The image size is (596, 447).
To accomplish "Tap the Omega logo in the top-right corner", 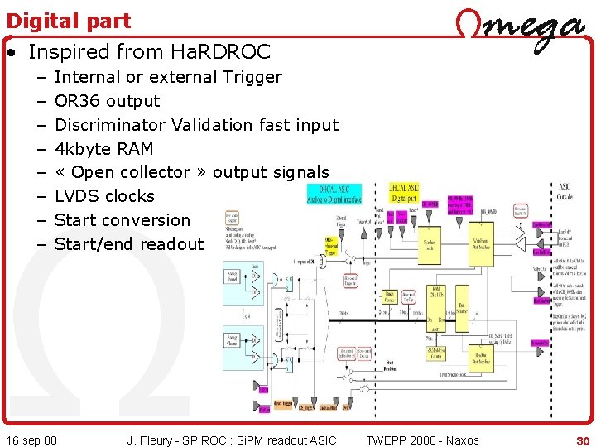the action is [x=520, y=31].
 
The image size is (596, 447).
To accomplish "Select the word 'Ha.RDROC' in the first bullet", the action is [x=219, y=52].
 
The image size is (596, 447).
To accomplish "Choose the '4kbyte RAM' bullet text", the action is [x=103, y=149].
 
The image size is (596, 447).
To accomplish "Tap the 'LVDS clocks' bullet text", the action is [x=104, y=196].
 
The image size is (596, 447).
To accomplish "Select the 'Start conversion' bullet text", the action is [x=122, y=220].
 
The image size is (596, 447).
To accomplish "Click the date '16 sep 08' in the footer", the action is [x=31, y=440].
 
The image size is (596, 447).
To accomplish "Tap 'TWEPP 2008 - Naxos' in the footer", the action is [x=422, y=440].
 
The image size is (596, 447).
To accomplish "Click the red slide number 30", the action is [x=583, y=440].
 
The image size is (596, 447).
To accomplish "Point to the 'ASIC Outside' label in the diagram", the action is [x=564, y=191].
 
